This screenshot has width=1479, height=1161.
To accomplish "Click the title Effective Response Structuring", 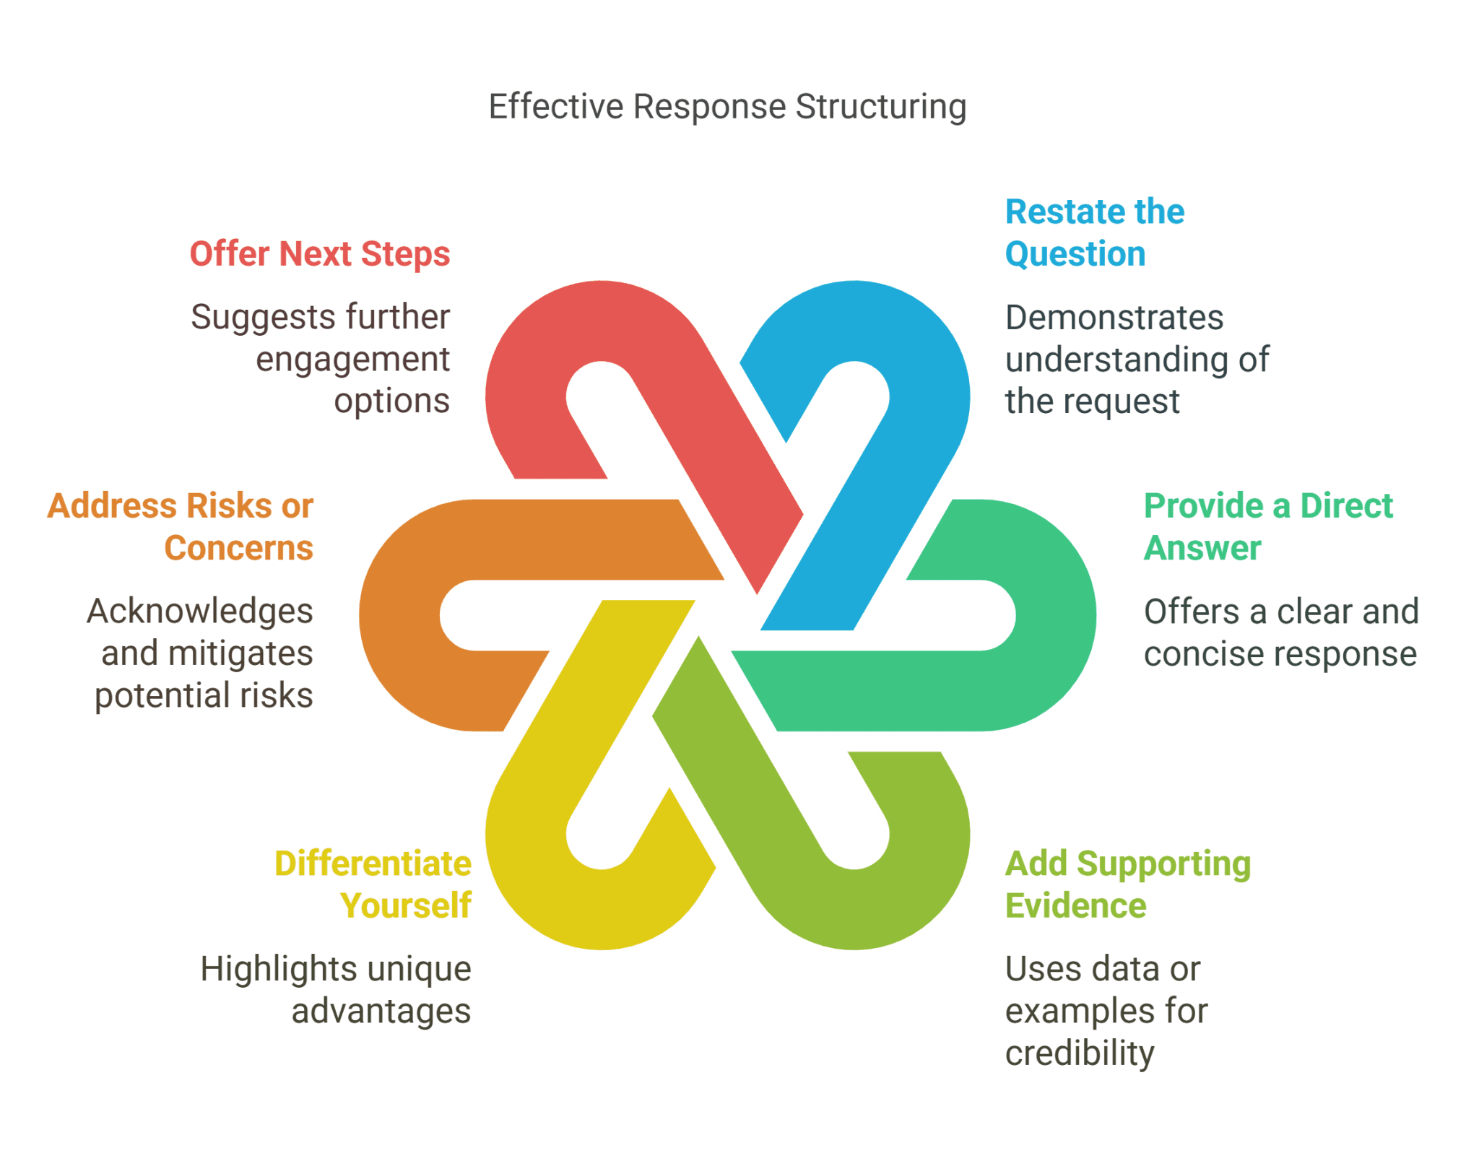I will pyautogui.click(x=727, y=107).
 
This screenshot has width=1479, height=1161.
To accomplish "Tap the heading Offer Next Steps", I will pyautogui.click(x=320, y=254).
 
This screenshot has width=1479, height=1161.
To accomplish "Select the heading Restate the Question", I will pyautogui.click(x=1094, y=232).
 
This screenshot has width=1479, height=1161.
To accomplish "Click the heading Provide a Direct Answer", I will pyautogui.click(x=1267, y=526).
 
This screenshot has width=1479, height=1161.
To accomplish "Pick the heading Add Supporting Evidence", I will pyautogui.click(x=1127, y=884).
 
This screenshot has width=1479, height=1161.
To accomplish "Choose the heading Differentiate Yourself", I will pyautogui.click(x=373, y=884).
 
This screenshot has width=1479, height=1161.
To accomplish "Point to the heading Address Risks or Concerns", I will pyautogui.click(x=181, y=526).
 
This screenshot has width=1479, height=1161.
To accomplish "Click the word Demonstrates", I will pyautogui.click(x=1114, y=318).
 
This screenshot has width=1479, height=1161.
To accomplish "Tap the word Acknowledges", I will pyautogui.click(x=200, y=612).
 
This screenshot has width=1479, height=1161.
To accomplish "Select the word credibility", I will pyautogui.click(x=1080, y=1053).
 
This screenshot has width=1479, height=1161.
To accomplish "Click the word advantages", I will pyautogui.click(x=381, y=1011).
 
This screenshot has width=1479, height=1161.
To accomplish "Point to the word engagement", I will pyautogui.click(x=352, y=360).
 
